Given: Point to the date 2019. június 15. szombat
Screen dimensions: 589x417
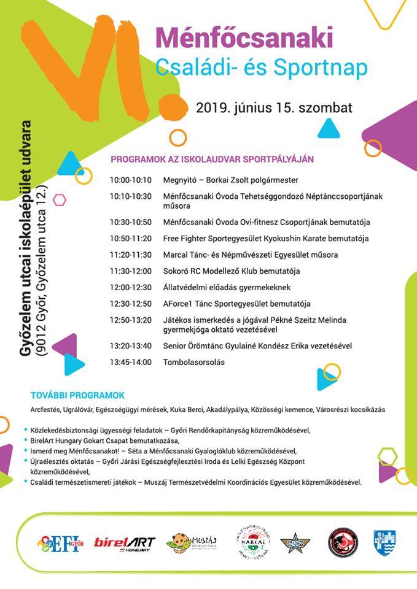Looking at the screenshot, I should pyautogui.click(x=274, y=108).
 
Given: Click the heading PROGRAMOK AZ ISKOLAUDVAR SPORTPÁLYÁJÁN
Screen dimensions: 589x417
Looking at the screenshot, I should pyautogui.click(x=212, y=159).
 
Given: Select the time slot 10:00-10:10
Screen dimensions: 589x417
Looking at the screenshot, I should pyautogui.click(x=130, y=180).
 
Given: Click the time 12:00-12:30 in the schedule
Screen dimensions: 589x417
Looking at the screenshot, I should pyautogui.click(x=130, y=287).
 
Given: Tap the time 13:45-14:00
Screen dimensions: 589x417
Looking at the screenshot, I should pyautogui.click(x=130, y=362).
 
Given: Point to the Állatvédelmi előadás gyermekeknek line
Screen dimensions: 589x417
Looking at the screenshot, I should pyautogui.click(x=226, y=287).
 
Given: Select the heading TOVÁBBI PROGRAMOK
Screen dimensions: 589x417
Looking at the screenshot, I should pyautogui.click(x=77, y=395).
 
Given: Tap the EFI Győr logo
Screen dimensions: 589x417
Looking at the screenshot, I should pyautogui.click(x=59, y=543).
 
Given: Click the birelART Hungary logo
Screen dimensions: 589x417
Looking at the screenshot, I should pyautogui.click(x=125, y=543).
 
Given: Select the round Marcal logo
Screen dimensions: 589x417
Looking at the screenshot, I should pyautogui.click(x=253, y=543).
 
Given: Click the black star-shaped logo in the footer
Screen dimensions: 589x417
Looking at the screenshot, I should pyautogui.click(x=295, y=543).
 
